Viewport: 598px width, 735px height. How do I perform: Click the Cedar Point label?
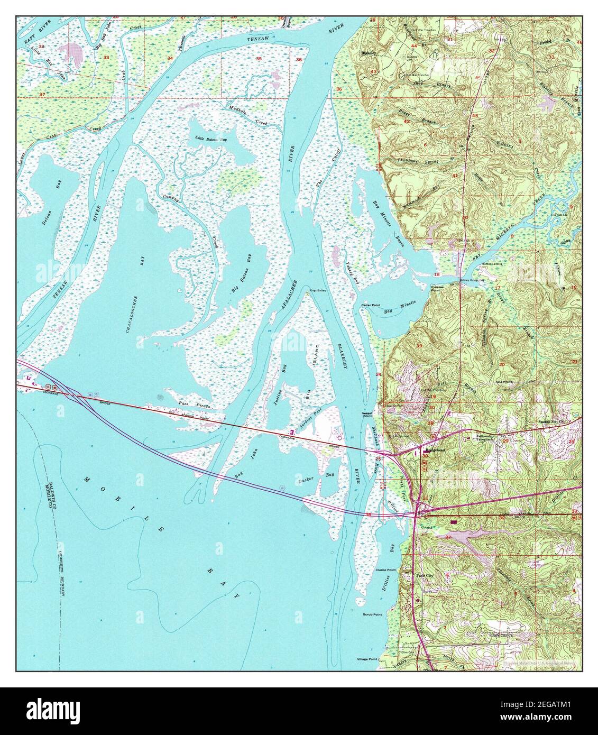[x=369, y=306]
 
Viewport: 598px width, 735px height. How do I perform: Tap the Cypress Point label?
[x=437, y=289]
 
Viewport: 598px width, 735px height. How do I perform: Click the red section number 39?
[x=419, y=346]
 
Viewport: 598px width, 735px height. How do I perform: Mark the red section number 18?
[x=437, y=275]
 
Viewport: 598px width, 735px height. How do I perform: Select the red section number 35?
[x=259, y=58]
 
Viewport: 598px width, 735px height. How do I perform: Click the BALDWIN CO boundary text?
[x=54, y=479]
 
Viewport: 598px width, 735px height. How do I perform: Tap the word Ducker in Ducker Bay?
[x=306, y=479]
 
